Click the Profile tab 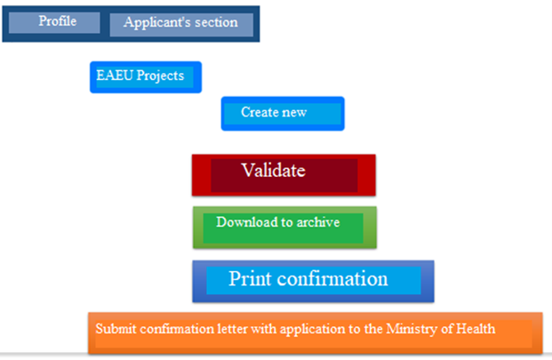click(56, 21)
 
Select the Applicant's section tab click(180, 23)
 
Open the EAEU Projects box click(145, 76)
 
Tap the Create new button click(282, 114)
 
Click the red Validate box click(284, 173)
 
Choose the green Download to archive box click(284, 227)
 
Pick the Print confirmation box click(312, 280)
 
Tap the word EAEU click(113, 76)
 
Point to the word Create click(260, 113)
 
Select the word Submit click(115, 329)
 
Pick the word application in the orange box click(316, 330)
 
